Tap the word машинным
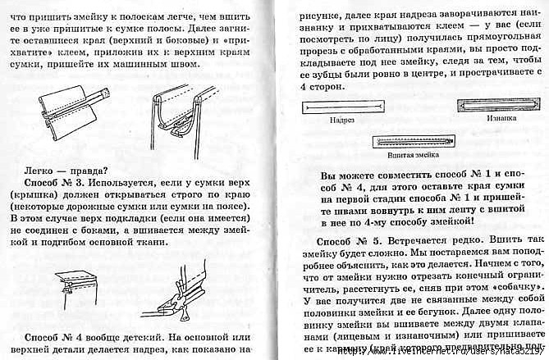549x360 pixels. click(189, 63)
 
